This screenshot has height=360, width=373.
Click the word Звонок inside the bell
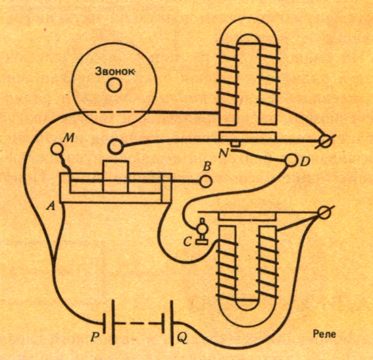click(x=114, y=71)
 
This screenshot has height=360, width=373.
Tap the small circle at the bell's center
click(x=114, y=86)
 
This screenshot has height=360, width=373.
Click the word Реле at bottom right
click(x=324, y=334)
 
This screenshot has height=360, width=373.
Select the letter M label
click(x=68, y=138)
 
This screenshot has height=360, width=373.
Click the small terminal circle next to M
click(x=57, y=149)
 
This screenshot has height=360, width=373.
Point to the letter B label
click(x=207, y=167)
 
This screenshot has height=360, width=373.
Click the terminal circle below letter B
click(x=205, y=182)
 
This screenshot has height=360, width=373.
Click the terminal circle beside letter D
click(x=291, y=161)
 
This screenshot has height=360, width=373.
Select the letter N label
click(x=224, y=154)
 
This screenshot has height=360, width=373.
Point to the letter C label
click(x=187, y=242)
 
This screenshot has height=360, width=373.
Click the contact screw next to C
click(x=201, y=231)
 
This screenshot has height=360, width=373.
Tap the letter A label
click(x=51, y=207)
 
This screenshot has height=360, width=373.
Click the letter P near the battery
click(x=95, y=337)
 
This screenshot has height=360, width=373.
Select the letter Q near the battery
click(x=182, y=338)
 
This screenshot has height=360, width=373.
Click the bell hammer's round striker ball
click(x=115, y=146)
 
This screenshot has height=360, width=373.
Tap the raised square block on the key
click(x=115, y=176)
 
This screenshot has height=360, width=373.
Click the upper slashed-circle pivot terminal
click(x=326, y=140)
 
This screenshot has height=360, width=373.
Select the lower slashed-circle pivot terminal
click(x=325, y=213)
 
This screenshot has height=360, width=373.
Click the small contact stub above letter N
click(x=236, y=144)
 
